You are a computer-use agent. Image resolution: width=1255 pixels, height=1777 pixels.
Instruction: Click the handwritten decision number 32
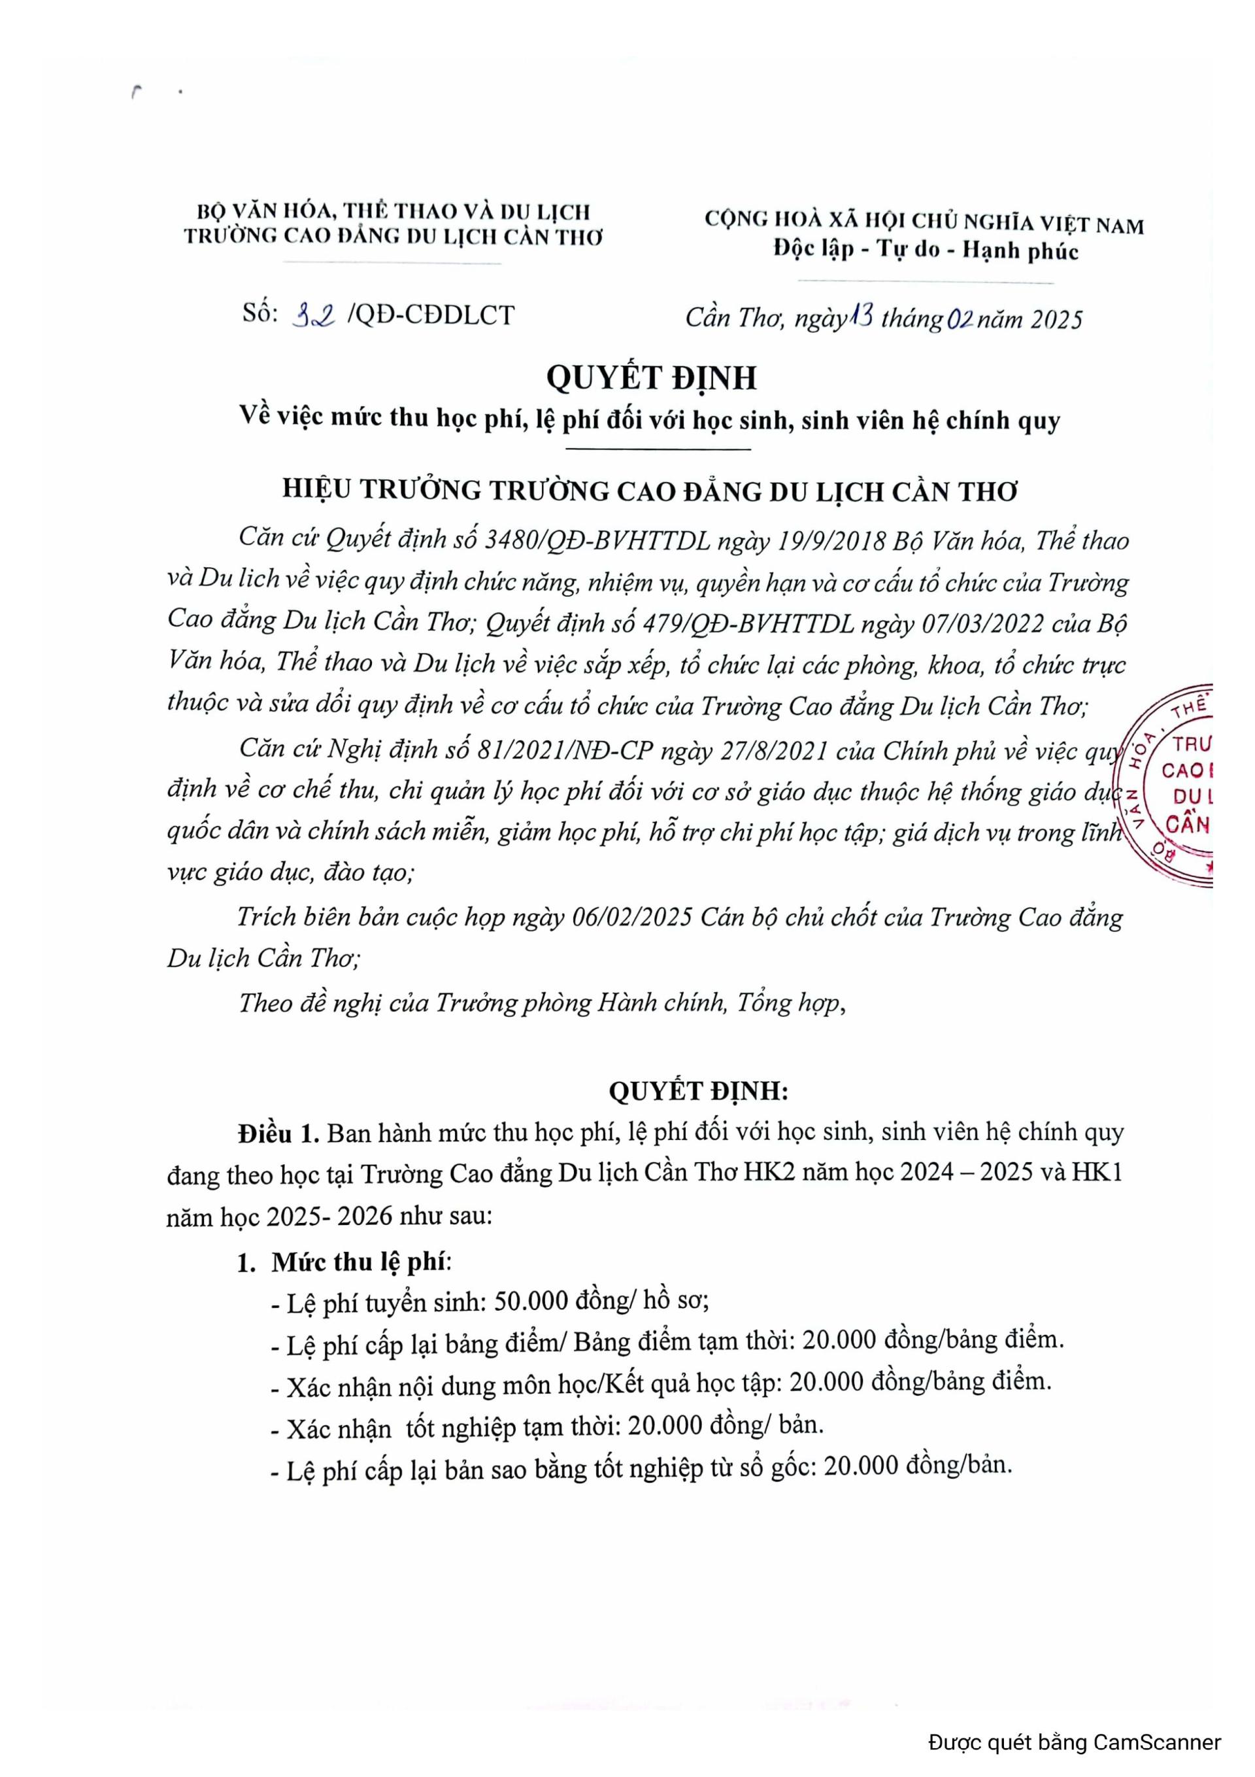(x=313, y=315)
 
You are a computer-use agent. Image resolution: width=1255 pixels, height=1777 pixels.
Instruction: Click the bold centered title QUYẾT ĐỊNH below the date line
(x=652, y=377)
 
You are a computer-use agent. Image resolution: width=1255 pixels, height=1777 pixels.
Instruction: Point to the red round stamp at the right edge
(x=1168, y=785)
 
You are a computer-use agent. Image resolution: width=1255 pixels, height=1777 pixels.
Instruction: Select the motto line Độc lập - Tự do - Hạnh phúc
(x=926, y=249)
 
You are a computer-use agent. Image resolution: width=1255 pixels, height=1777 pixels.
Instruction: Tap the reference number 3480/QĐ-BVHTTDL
(x=597, y=540)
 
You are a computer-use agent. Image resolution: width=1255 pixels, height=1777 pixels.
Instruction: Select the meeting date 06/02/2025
(x=631, y=917)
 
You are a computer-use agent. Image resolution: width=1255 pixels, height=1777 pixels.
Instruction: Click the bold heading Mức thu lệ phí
(x=359, y=1262)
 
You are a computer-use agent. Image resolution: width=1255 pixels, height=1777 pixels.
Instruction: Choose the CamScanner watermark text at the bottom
(x=1075, y=1742)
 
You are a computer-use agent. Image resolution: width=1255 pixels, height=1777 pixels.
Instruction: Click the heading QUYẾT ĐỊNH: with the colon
(x=699, y=1092)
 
